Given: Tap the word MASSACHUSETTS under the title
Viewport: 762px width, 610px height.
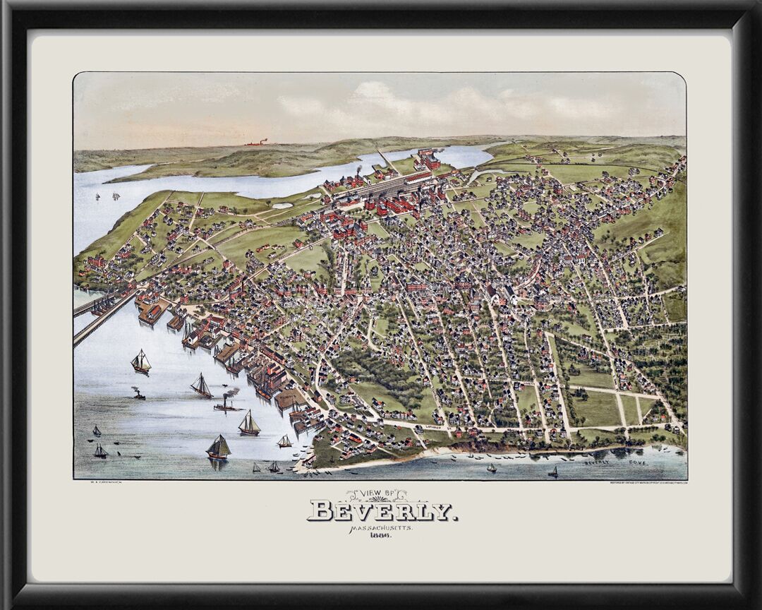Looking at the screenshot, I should tap(382, 527).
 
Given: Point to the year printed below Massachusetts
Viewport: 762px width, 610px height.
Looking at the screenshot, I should tap(381, 536).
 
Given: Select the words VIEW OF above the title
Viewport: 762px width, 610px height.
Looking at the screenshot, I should tap(382, 494).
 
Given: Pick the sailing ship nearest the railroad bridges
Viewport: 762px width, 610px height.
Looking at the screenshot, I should tap(141, 363).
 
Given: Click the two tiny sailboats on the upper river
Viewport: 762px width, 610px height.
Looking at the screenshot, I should tap(106, 196).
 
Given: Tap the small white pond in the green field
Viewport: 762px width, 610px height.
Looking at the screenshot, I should tap(282, 206).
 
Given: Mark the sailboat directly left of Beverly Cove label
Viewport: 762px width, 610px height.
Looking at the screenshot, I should tap(553, 471).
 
